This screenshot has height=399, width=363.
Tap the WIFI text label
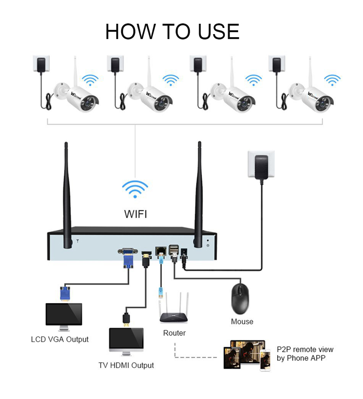coord(136,213)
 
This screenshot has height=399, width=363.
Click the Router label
coord(174,333)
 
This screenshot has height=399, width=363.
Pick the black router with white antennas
coord(174,310)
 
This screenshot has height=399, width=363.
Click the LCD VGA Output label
coord(60,339)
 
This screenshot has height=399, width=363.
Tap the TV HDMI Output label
coord(126,365)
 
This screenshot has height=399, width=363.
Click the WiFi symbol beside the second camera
coord(170,79)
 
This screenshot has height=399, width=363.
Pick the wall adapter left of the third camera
coord(198,64)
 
